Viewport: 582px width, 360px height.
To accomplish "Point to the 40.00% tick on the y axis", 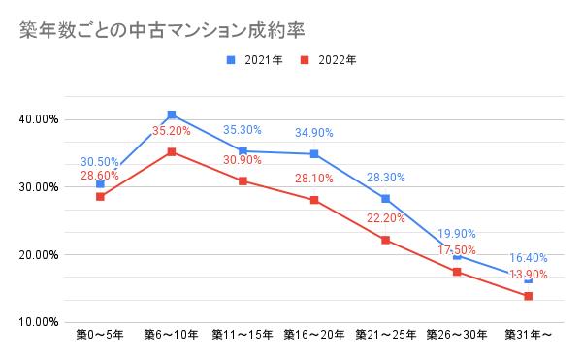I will coord(39,119).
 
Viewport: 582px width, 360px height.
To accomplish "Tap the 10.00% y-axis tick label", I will coord(39,321).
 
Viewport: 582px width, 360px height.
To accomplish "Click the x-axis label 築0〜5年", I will coord(100,336).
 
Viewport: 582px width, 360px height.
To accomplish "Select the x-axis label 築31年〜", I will coord(529,336).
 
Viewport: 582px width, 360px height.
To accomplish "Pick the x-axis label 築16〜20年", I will coord(314,336).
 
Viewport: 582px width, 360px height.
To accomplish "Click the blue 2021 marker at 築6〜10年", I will coord(172,115).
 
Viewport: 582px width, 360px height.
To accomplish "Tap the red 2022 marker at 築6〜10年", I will coord(172,152).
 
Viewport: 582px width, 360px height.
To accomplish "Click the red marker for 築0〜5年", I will coord(100,197).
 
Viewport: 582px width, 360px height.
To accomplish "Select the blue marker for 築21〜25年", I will coord(386,199).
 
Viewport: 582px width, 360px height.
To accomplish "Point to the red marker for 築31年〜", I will coord(529,296).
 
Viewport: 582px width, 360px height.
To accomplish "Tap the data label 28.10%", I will coord(314,178).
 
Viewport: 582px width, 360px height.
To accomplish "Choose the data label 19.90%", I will coord(457,234).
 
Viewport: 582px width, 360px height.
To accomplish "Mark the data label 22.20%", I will coord(386,218).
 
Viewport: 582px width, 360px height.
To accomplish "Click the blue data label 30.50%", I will coord(101,162).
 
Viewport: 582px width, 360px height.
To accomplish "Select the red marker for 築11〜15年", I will coord(243,181).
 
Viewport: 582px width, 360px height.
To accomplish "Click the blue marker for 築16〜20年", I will coord(314,154).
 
